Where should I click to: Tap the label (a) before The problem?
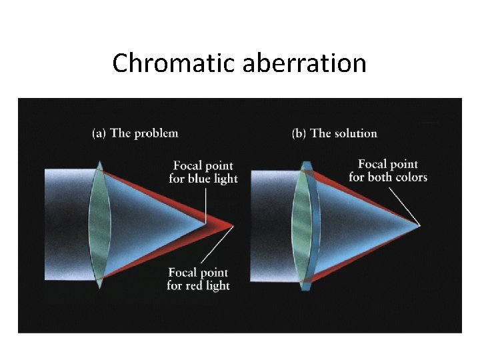(99, 133)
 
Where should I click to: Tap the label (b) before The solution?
(299, 133)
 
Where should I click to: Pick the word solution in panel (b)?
(355, 133)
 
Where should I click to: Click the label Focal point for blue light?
(203, 172)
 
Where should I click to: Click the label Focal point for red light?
(198, 279)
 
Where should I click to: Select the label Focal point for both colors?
(387, 171)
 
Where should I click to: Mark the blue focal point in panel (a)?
(206, 225)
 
